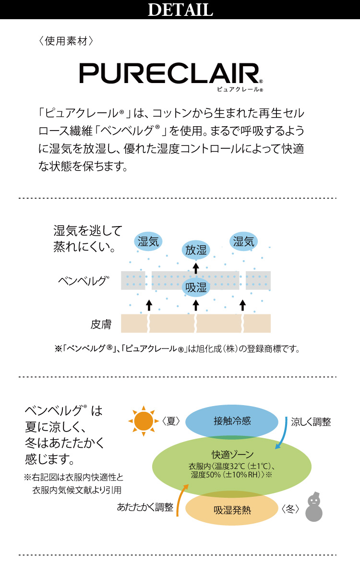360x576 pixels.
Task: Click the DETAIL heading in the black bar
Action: [x=180, y=10]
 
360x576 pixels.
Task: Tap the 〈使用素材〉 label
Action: [x=65, y=41]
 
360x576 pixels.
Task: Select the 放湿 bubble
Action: [x=196, y=250]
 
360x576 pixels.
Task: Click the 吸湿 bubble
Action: [x=196, y=287]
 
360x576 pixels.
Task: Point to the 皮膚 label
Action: [x=101, y=324]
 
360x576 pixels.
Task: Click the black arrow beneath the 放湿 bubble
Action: [x=196, y=267]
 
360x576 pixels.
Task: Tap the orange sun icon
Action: [x=143, y=421]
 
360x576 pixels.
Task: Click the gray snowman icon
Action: [x=314, y=507]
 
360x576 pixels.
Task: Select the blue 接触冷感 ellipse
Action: [x=232, y=421]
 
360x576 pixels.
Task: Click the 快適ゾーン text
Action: [x=232, y=454]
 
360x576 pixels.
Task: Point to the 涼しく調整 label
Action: [x=311, y=422]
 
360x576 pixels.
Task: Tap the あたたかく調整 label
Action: [x=145, y=507]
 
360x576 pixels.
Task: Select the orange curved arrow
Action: [x=180, y=499]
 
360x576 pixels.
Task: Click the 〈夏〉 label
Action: [x=171, y=421]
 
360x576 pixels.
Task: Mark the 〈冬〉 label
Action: [x=291, y=508]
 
